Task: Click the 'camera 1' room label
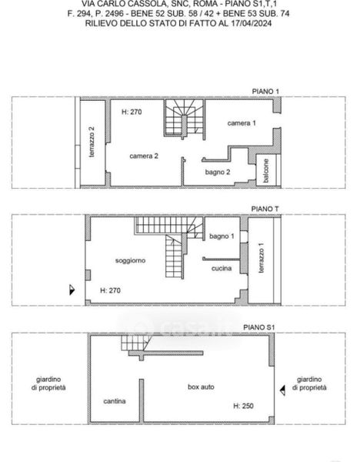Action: [242, 123]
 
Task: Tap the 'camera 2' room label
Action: [144, 156]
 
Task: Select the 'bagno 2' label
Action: [218, 172]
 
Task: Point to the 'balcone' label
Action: [266, 171]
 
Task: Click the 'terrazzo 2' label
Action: [92, 142]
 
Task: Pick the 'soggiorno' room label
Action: [131, 260]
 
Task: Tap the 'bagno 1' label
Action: [222, 236]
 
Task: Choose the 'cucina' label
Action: [222, 268]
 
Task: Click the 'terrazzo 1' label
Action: [261, 258]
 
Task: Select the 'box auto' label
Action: [201, 387]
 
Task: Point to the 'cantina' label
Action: [115, 401]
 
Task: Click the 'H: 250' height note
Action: [243, 406]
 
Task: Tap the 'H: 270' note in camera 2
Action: [132, 112]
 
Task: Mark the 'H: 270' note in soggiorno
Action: [110, 290]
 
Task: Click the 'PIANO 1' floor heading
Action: [265, 92]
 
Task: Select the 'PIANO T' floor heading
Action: [265, 209]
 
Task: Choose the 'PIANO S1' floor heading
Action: [259, 327]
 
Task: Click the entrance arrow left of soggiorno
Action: [72, 290]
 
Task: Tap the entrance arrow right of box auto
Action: [282, 390]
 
